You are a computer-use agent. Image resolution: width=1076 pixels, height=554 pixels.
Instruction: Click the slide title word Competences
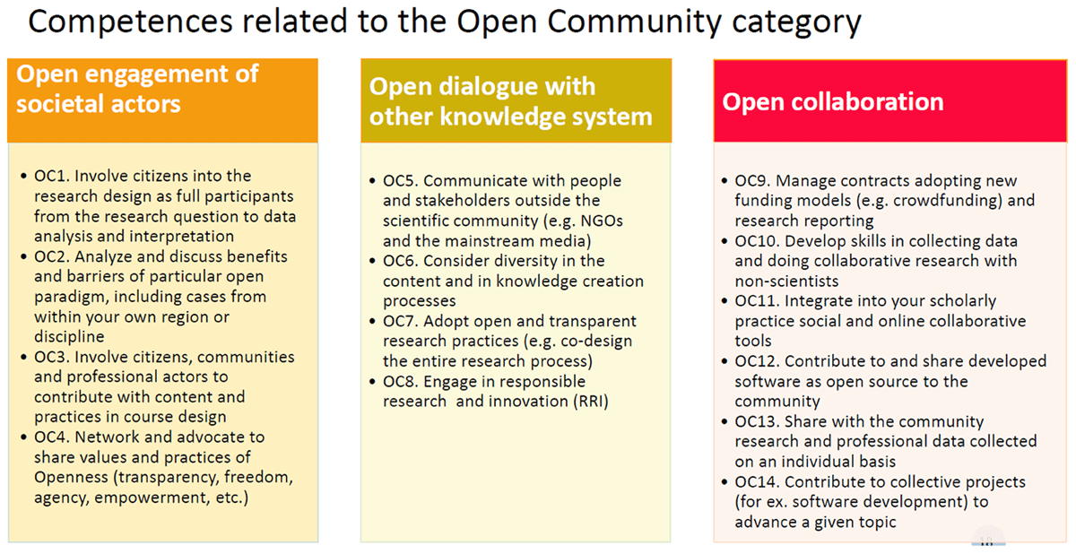click(x=131, y=22)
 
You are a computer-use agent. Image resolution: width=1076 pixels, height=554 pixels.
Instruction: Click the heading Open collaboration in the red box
click(x=833, y=102)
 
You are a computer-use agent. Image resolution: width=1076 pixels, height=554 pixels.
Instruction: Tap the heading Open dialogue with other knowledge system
click(x=510, y=102)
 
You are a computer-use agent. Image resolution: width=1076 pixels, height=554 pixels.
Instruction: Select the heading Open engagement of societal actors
click(x=137, y=89)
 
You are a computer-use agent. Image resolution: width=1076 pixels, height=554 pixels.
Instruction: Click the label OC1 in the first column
click(x=52, y=176)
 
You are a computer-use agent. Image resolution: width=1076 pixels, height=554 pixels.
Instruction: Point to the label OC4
click(x=52, y=437)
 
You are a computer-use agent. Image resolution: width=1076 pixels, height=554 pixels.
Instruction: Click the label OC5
click(x=401, y=180)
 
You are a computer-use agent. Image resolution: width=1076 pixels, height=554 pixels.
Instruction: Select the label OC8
click(x=401, y=381)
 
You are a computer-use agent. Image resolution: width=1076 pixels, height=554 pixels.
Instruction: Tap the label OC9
click(x=752, y=180)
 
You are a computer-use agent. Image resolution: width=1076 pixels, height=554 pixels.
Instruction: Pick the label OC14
click(x=757, y=481)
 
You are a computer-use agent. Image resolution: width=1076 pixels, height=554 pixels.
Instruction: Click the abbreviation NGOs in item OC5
click(x=602, y=221)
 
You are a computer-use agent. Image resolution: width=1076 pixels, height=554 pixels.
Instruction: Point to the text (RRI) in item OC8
click(x=591, y=402)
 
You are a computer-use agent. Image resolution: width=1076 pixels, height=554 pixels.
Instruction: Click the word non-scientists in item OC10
click(x=787, y=281)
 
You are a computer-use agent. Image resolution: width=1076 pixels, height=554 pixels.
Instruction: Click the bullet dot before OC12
click(x=725, y=361)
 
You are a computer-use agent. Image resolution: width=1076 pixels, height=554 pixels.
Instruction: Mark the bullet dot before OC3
click(x=23, y=357)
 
